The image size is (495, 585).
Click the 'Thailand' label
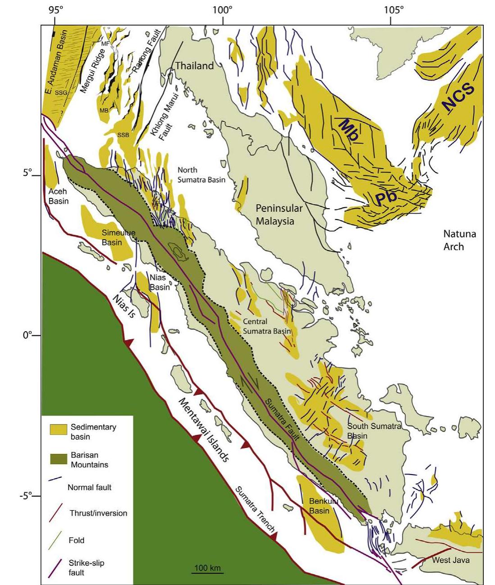coord(194,66)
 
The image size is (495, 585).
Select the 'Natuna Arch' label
coord(459,240)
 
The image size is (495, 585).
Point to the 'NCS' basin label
coord(458,96)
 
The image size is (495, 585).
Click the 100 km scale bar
coord(208,572)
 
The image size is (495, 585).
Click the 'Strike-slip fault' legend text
coord(87,568)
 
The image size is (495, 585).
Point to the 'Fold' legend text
coord(77,540)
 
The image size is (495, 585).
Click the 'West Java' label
coord(450,560)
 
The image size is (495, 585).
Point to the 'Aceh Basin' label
coord(58,196)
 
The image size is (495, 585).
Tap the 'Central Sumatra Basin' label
coord(266,326)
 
